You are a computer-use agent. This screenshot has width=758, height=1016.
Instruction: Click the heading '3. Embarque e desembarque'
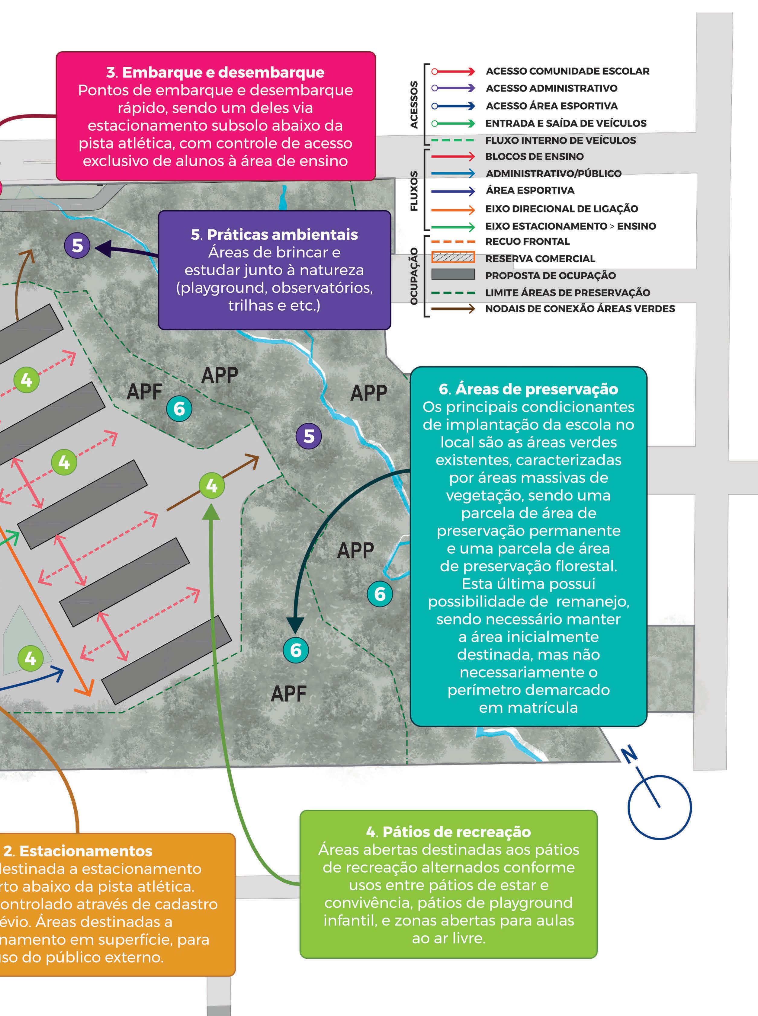click(215, 72)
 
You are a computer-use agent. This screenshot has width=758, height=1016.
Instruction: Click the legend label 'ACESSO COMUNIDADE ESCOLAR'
click(567, 71)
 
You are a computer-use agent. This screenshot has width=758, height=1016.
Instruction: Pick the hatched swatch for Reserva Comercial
click(453, 257)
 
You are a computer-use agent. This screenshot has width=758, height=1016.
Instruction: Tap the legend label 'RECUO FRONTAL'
click(527, 241)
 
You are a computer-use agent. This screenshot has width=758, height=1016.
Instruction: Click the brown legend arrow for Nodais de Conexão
click(453, 308)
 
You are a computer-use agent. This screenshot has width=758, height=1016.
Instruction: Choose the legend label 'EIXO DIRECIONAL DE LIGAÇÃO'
click(562, 209)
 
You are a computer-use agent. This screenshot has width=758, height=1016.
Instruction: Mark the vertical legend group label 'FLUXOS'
click(414, 191)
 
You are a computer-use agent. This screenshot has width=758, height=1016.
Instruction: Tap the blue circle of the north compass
click(659, 807)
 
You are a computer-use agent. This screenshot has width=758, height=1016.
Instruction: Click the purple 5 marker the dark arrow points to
click(77, 245)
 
